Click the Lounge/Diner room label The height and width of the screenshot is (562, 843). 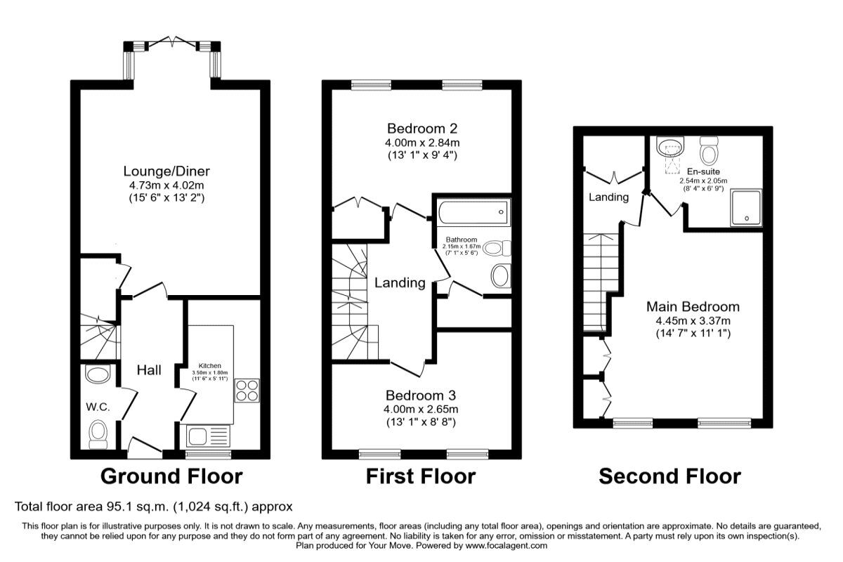166,171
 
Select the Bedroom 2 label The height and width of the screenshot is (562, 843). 422,129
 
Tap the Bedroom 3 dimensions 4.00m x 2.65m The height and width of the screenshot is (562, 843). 422,410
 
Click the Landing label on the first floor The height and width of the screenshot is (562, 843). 399,283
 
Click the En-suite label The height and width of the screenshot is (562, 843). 703,171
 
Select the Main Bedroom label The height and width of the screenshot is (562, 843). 693,307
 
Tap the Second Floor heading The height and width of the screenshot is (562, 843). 669,476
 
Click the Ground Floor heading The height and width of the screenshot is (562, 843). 171,476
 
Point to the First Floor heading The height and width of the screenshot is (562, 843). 420,476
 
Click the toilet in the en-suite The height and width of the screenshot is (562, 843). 710,148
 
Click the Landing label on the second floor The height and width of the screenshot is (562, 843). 608,197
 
